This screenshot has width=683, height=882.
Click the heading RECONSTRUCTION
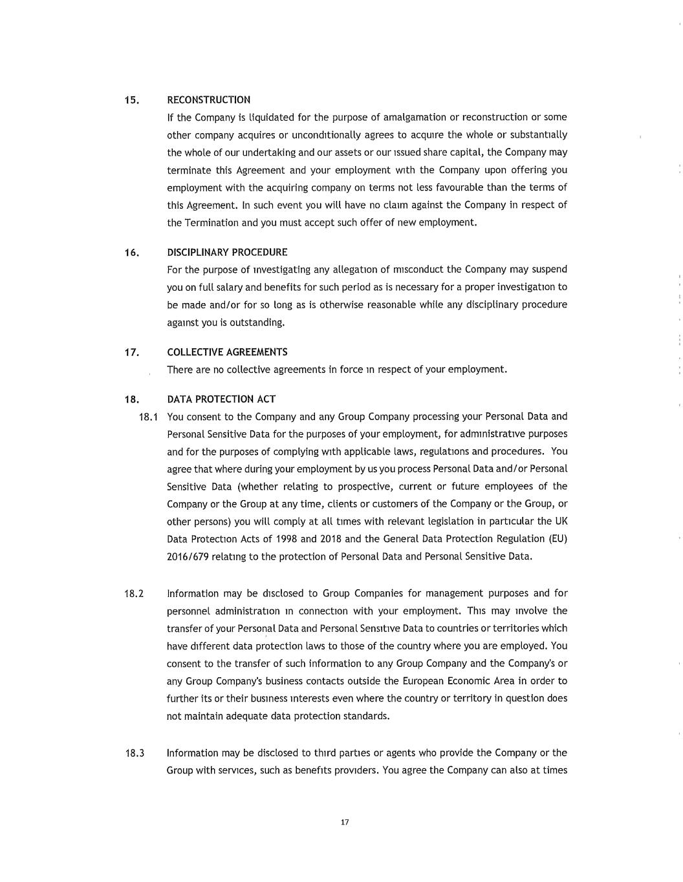click(x=208, y=100)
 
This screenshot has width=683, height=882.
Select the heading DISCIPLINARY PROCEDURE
click(x=227, y=252)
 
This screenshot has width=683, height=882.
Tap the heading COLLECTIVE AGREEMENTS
click(x=227, y=352)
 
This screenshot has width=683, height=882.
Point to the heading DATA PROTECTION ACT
click(x=221, y=399)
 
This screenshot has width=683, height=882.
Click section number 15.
click(x=132, y=100)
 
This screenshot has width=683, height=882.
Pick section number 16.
click(x=132, y=253)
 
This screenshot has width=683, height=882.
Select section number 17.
click(x=132, y=353)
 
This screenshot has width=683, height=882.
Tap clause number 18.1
click(x=149, y=417)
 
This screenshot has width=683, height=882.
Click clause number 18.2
click(x=134, y=593)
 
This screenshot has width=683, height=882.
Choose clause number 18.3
click(x=134, y=753)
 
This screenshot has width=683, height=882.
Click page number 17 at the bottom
click(x=344, y=823)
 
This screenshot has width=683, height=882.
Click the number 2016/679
click(x=188, y=556)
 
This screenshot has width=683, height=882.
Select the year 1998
click(x=287, y=539)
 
